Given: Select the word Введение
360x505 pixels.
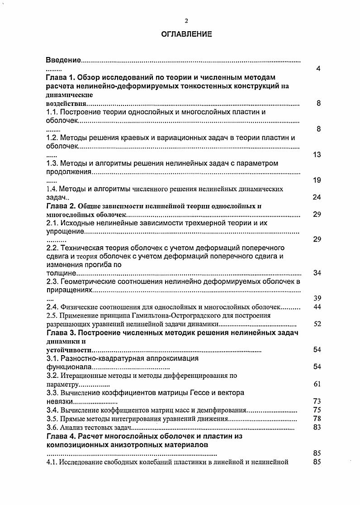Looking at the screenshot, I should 63,60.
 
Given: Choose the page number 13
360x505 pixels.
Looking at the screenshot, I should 317,155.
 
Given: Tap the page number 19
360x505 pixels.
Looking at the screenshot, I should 317,181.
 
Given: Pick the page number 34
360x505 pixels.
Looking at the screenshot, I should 317,273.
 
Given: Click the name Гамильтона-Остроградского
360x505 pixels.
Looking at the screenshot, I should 166,315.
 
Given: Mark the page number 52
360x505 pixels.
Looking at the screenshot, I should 317,324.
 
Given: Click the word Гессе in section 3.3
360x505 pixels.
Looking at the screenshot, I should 199,393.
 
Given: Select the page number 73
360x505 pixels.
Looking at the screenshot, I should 317,401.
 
